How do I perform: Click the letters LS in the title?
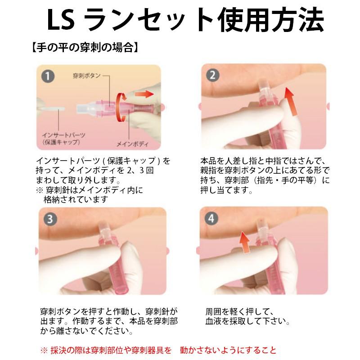point(61,20)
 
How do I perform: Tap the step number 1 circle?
point(48,76)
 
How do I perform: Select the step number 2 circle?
point(212,75)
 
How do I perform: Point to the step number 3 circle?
point(50,219)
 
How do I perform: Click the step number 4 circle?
point(211,218)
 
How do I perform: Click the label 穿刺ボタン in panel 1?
point(87,76)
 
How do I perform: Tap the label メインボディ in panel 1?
point(133,144)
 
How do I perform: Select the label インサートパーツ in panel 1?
point(63,135)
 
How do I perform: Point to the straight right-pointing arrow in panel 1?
point(144,94)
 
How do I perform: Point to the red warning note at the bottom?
point(158,350)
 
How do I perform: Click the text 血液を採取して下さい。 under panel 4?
point(248,321)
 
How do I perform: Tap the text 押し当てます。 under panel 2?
point(226,190)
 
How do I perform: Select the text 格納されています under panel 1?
point(76,200)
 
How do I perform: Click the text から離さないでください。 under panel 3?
point(87,331)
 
